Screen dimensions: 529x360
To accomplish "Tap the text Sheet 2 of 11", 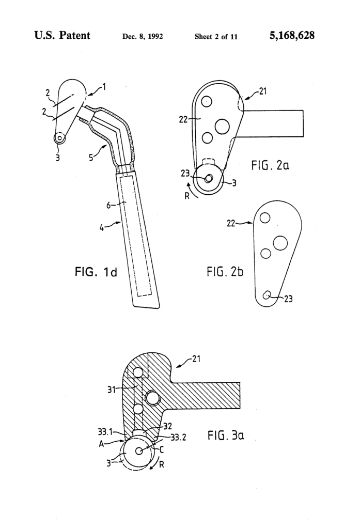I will click(x=216, y=37).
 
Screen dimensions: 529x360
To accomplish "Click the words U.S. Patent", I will click(x=62, y=36).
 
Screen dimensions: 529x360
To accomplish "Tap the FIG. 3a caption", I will click(x=226, y=436).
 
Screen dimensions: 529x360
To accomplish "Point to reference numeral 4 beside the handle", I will click(x=102, y=226).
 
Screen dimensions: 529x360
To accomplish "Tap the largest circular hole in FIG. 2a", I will click(x=222, y=126).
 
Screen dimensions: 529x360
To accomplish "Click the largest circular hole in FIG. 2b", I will click(x=280, y=243).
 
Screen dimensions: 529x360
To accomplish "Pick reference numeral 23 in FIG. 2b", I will click(x=288, y=299).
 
